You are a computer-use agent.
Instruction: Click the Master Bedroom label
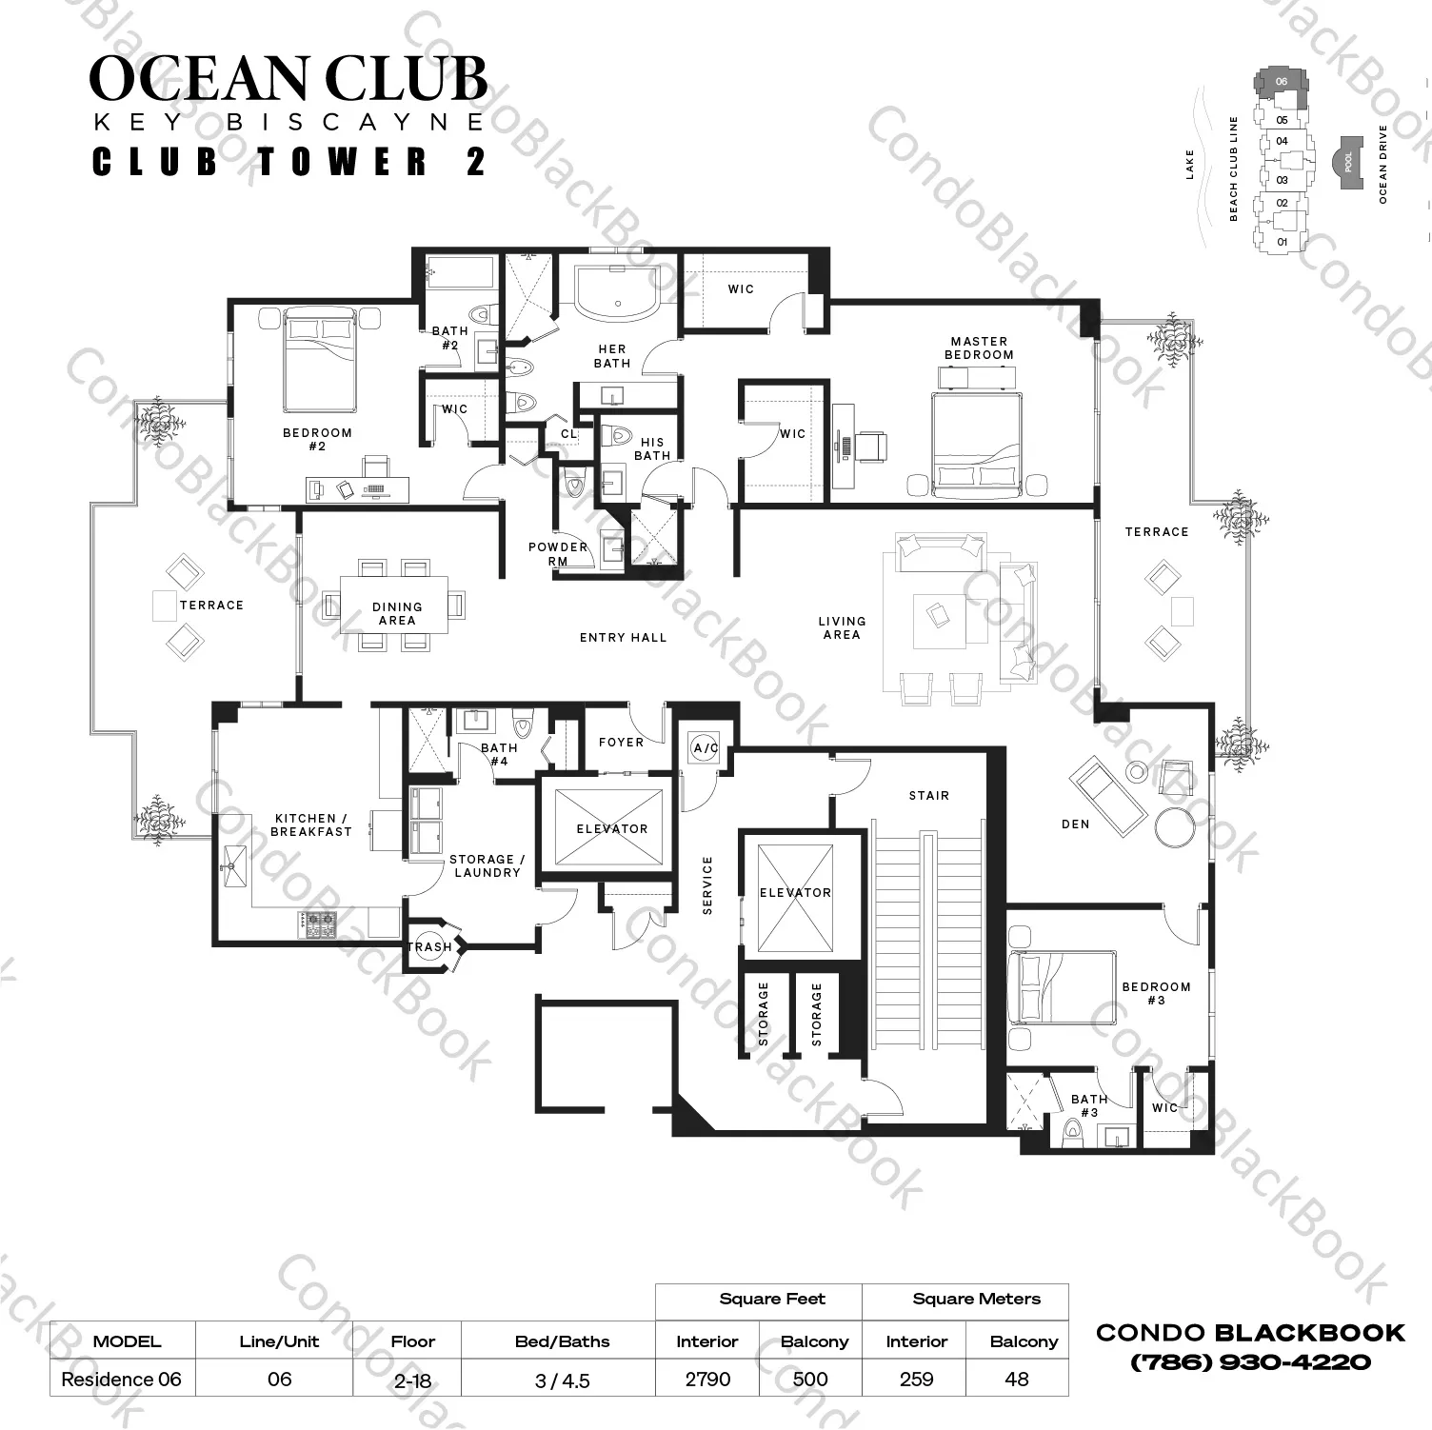(979, 348)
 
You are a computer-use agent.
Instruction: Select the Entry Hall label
(623, 638)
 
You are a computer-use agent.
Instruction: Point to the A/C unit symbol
(705, 748)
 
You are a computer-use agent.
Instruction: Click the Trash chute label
(429, 946)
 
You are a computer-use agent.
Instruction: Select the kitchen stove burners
(318, 923)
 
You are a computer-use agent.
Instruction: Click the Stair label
(928, 796)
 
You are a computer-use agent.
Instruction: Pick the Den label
(1075, 824)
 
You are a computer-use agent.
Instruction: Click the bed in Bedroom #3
(1058, 986)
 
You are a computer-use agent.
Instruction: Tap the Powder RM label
(558, 554)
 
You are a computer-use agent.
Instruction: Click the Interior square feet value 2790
(707, 1379)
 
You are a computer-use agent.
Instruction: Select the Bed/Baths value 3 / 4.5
(562, 1380)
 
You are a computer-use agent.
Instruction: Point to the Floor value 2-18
(412, 1380)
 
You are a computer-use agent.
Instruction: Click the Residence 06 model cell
(121, 1380)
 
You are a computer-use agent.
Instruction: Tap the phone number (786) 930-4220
(1250, 1362)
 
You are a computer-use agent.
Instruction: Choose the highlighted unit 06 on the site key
(1281, 82)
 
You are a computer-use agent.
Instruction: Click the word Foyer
(621, 743)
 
